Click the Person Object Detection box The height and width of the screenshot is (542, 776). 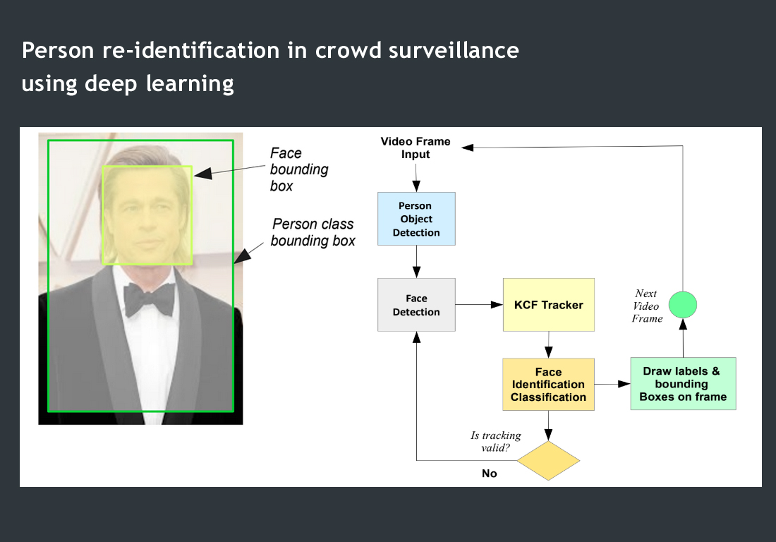click(416, 219)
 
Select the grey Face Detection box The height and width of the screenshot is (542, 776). click(416, 305)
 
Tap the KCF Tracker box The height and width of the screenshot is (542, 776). click(548, 305)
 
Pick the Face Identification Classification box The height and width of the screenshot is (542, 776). click(548, 385)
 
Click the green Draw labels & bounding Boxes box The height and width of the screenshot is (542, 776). click(682, 384)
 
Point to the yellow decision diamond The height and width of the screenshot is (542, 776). click(548, 461)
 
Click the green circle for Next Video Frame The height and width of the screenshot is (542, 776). click(682, 305)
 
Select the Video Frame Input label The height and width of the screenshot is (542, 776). click(416, 147)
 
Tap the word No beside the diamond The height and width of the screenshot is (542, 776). click(490, 474)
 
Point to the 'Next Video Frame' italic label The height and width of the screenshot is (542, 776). click(647, 306)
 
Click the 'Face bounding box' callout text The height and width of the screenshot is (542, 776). click(300, 169)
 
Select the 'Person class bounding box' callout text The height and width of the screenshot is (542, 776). click(313, 232)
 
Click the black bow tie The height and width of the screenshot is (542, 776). click(149, 301)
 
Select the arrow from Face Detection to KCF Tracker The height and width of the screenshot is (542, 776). click(479, 305)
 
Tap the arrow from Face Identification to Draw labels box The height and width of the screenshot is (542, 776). click(612, 385)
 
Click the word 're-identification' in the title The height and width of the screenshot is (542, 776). click(148, 51)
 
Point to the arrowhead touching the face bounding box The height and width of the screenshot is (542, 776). click(199, 173)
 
